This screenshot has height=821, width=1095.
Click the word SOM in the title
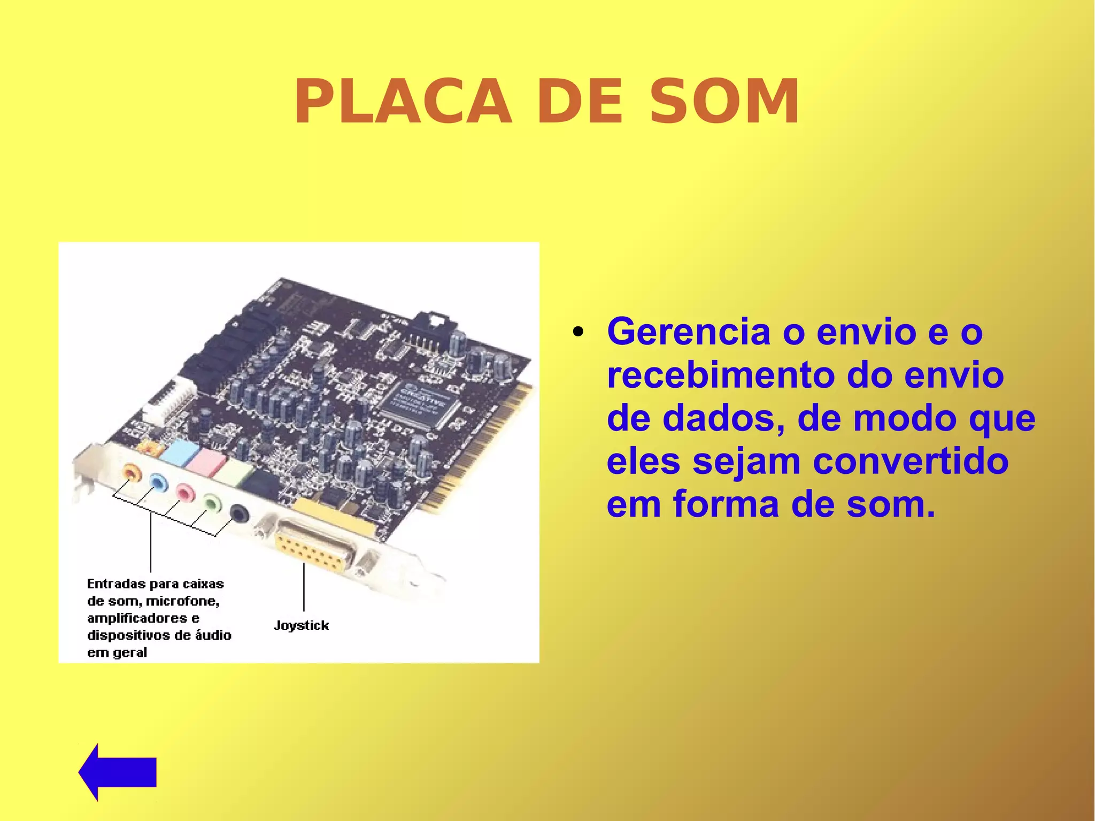724,102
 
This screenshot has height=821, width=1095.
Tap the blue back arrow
118,772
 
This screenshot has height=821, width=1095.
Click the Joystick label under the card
301,625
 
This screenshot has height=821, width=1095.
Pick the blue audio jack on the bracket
158,482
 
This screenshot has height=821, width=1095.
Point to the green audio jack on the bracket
212,503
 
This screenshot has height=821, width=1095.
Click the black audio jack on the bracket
240,514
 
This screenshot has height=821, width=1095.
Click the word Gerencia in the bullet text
689,332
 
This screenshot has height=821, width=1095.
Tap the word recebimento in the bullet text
720,375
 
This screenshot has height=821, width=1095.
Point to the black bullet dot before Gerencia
577,333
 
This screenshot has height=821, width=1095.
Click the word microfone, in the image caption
182,601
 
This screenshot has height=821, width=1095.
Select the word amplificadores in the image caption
137,618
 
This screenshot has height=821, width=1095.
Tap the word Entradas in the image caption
116,584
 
